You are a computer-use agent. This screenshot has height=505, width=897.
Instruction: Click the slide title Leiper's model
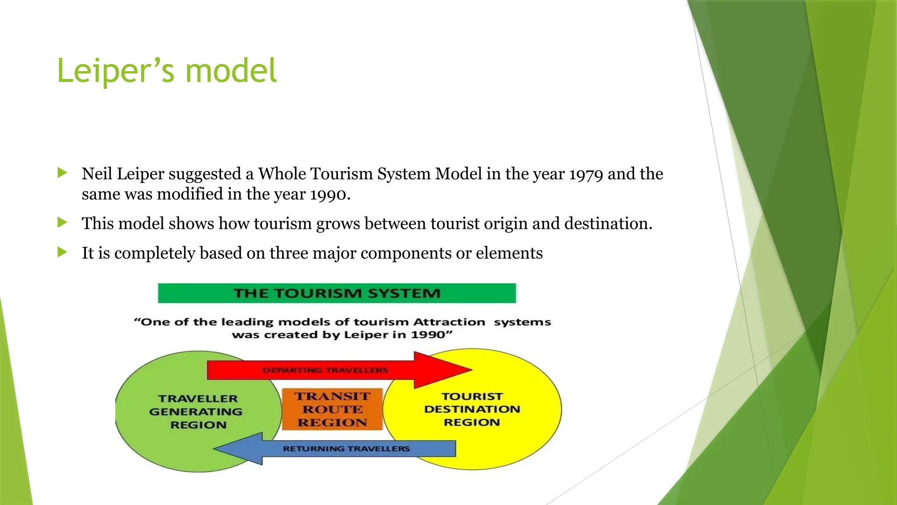coord(167,71)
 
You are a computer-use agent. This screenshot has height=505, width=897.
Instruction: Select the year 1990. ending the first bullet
coord(330,194)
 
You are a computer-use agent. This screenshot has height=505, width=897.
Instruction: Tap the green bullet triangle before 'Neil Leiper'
coord(62,173)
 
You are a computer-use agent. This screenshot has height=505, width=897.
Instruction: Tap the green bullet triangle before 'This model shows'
coord(62,223)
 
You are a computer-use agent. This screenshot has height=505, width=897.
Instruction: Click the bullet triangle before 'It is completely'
coord(62,252)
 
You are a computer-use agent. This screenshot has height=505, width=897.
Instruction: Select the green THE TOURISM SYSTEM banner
coord(336,293)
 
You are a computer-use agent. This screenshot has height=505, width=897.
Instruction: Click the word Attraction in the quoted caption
coord(449,322)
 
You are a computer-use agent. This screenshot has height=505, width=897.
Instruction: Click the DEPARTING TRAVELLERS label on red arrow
coord(325,370)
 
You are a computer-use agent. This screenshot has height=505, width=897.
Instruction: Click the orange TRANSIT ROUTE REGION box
coord(332,409)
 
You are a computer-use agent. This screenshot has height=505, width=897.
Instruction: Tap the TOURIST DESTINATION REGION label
coord(472,409)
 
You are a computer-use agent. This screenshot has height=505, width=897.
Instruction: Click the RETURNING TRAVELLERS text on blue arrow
coord(346,449)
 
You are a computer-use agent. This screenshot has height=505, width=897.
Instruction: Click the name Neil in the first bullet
coord(97,174)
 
